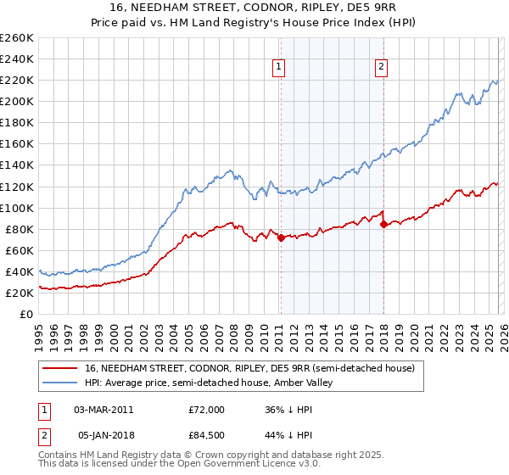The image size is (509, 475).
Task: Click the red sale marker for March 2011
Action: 281,237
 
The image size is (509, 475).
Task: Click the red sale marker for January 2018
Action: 383,224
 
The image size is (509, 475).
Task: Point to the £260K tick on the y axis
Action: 17,38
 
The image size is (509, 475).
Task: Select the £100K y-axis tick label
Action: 17,208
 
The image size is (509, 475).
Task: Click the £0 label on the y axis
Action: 25,314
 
